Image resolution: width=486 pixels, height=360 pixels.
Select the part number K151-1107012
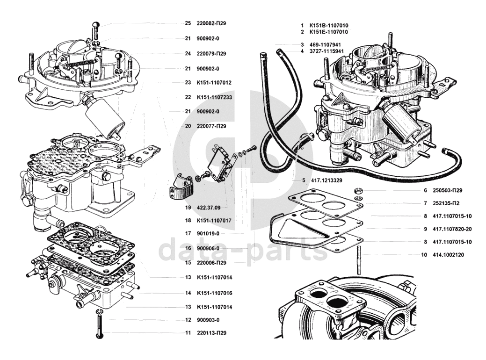214,83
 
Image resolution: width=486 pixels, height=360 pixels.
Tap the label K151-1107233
214,97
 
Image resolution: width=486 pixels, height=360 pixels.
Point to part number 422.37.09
209,207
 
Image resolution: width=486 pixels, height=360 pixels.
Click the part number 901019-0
208,233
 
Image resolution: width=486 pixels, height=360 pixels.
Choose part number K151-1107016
215,293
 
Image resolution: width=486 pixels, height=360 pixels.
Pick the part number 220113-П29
212,333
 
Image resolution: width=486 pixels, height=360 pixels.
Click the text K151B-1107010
328,25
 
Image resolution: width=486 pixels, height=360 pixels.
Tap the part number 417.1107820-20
452,229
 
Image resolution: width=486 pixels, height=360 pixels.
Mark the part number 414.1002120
448,255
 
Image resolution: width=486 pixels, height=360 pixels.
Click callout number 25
188,23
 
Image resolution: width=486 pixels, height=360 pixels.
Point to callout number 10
424,255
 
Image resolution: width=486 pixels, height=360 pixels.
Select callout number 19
188,207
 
